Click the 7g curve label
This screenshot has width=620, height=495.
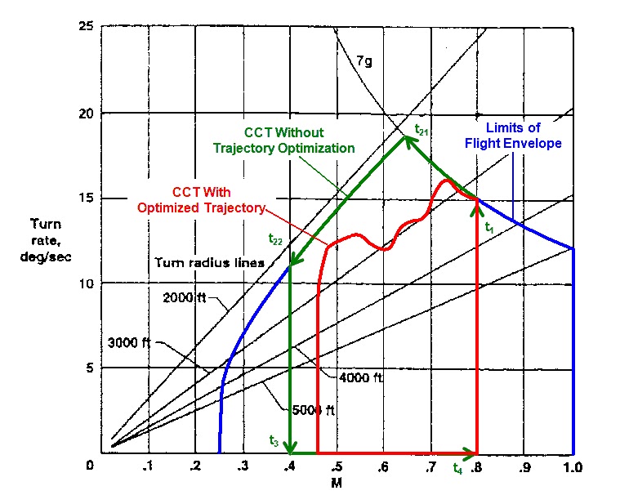point(364,60)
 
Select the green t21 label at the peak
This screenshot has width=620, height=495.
point(421,129)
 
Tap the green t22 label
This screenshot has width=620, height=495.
point(274,239)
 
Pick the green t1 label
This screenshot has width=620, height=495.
point(488,226)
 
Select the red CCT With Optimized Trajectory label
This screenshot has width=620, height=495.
point(201,201)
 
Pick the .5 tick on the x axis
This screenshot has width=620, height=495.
point(337,467)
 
